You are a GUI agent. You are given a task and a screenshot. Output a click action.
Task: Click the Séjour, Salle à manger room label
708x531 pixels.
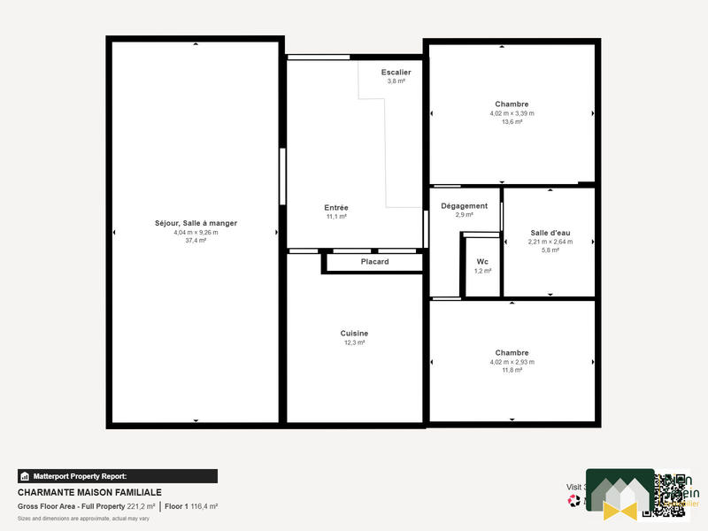point(196,223)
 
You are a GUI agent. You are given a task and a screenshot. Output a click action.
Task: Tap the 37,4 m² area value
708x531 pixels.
point(196,240)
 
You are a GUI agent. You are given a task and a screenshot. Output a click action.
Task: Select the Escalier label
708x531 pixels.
point(396,72)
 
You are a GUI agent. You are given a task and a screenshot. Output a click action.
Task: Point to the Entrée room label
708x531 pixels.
point(336,208)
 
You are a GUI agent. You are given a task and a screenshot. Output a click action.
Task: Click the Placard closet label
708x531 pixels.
point(374,262)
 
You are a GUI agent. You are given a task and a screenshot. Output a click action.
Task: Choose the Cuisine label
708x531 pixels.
point(354,334)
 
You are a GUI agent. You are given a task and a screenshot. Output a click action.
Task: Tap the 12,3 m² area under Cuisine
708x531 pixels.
point(354,342)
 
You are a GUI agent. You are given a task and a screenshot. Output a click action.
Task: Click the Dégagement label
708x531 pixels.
point(465,206)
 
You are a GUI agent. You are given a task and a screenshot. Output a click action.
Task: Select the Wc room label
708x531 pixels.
point(482,262)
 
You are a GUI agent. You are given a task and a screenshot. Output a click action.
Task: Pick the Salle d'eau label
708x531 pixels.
point(550,233)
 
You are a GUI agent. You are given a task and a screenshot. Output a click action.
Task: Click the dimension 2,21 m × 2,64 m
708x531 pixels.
point(550,242)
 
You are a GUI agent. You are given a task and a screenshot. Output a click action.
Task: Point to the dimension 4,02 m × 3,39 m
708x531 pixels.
point(512,113)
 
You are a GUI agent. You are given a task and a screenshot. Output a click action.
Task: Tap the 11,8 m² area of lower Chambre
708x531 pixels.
point(512,370)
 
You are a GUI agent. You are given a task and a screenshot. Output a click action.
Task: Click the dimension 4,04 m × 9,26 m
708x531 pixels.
point(196,232)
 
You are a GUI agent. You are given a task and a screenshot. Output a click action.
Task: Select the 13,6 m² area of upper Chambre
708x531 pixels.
point(512,122)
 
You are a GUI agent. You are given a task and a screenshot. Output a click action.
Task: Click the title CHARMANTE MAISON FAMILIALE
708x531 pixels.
point(89,493)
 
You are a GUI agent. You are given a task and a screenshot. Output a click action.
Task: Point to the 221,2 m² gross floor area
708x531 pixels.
point(140,506)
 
